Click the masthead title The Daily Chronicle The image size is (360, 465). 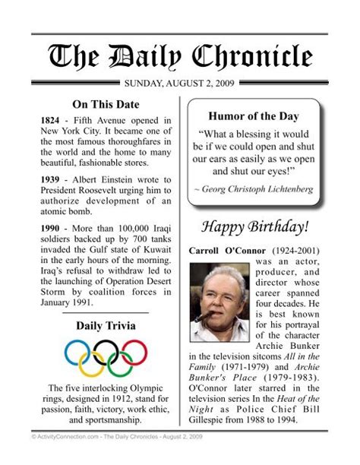tap(180, 56)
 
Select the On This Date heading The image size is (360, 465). tap(105, 104)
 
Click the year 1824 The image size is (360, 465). tap(51, 121)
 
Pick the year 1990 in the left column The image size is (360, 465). tap(51, 227)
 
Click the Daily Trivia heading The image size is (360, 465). tap(105, 326)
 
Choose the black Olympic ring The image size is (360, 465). tap(106, 351)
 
